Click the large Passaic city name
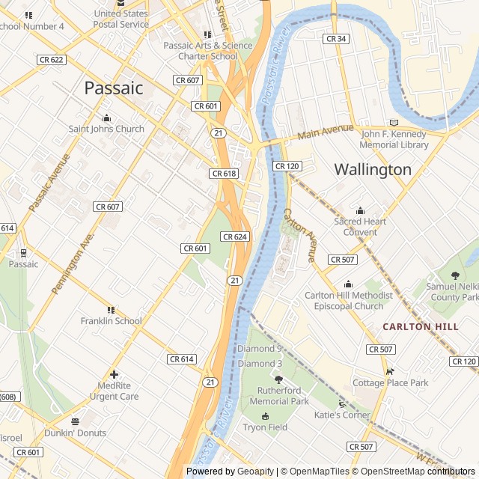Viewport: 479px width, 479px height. point(113,88)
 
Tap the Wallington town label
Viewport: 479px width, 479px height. point(373,169)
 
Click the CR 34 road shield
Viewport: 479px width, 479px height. point(336,38)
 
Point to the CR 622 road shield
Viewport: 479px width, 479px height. point(51,58)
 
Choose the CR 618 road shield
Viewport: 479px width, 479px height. point(224,173)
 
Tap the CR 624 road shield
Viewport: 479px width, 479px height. point(234,237)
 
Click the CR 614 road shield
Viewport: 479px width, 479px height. point(182,359)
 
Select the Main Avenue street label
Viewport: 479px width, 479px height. point(325,132)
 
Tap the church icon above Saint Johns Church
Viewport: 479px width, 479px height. point(106,118)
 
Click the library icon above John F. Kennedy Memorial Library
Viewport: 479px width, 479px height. point(394,123)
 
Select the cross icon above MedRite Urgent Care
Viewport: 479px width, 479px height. point(114,374)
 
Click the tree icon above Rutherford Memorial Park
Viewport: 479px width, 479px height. point(278,379)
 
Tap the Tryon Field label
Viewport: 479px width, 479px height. point(265,427)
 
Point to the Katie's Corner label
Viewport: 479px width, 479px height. point(342,415)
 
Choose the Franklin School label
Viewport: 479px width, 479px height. point(111,321)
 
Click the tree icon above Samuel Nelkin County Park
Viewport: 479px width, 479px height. point(455,275)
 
